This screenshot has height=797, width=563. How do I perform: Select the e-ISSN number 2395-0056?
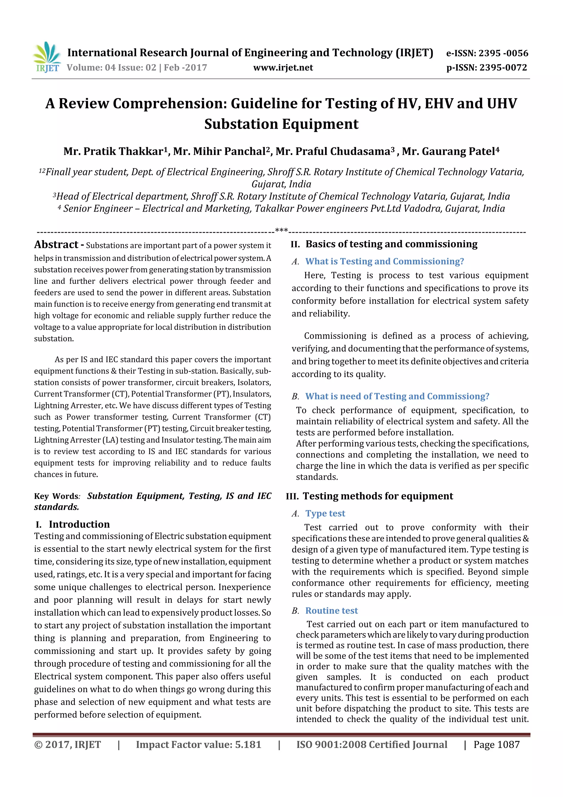tap(503, 53)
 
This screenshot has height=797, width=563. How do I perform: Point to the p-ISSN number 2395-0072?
tap(503, 68)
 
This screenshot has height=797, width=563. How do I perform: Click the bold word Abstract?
tap(56, 245)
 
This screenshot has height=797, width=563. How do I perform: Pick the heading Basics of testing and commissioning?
tap(391, 244)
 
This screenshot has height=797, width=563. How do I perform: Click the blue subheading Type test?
tap(325, 513)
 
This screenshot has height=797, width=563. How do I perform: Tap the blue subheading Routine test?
tap(331, 610)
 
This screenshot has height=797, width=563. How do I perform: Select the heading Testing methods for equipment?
tap(377, 496)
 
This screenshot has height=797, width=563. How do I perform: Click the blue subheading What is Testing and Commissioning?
tap(384, 261)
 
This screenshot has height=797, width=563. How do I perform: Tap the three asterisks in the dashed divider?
tap(281, 231)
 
